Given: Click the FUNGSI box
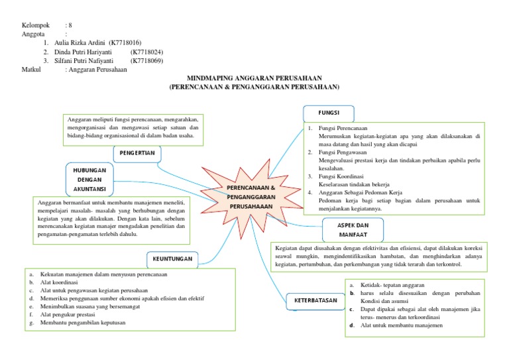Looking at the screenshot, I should (329, 113).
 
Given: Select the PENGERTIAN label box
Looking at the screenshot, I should (137, 153).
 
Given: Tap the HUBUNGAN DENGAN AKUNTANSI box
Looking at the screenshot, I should (90, 179).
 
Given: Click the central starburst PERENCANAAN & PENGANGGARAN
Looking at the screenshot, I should (251, 198).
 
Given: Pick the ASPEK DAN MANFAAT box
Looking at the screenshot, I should (349, 229).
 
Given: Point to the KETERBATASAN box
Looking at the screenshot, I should (312, 302).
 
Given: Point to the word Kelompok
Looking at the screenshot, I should (36, 25).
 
